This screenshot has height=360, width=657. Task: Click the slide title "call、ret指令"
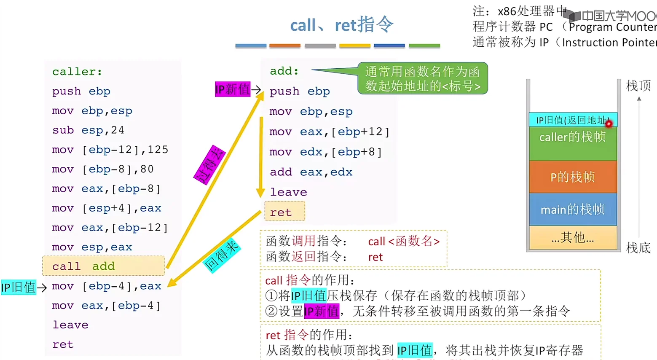(x=341, y=25)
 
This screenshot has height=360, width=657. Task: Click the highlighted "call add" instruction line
(x=103, y=266)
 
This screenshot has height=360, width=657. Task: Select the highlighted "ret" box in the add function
(x=284, y=212)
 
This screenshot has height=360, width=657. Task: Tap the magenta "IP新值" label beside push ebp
(x=233, y=89)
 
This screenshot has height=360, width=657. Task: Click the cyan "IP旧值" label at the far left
(x=18, y=287)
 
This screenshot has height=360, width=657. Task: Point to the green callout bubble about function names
(x=422, y=78)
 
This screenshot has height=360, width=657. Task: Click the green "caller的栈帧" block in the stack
(x=572, y=142)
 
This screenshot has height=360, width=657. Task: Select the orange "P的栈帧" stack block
(x=572, y=177)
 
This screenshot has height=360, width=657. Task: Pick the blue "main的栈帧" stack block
(x=572, y=209)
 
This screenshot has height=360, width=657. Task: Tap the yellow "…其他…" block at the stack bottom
(x=572, y=238)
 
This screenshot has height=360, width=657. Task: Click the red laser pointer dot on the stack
(x=609, y=124)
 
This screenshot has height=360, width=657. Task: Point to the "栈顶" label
(x=638, y=86)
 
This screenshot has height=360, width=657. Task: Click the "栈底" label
(x=638, y=248)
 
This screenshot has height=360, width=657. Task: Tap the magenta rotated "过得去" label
(x=209, y=165)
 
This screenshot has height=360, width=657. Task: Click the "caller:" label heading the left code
(x=77, y=72)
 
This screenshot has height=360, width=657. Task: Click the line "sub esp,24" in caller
(x=88, y=130)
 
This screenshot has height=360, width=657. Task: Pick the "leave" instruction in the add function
(x=288, y=192)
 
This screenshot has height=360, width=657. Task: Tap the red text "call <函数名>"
(x=404, y=241)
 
